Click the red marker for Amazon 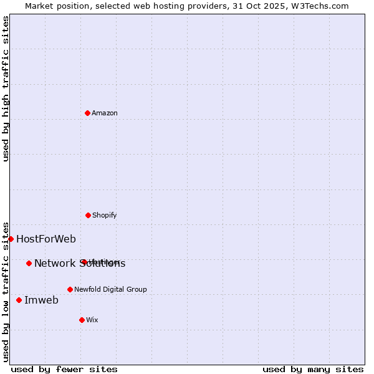88,113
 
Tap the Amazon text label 105,113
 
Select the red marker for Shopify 88,215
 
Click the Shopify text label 104,215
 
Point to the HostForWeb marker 11,239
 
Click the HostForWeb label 46,239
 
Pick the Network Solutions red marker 29,263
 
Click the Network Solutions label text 80,264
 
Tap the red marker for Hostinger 83,262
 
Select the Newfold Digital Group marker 70,289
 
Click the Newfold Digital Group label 110,289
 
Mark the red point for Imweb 19,300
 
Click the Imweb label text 41,300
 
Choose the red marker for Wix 82,320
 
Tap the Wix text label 92,320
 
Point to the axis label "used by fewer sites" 64,369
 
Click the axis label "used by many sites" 313,369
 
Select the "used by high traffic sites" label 6,89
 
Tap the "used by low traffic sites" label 6,292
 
